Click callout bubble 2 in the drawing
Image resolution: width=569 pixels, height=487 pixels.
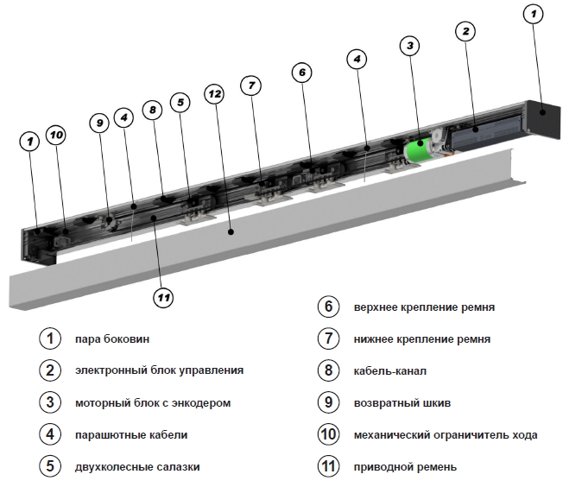[x=465, y=32]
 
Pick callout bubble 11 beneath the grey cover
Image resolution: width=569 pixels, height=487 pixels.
[x=163, y=298]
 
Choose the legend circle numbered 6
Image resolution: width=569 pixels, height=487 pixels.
[x=327, y=307]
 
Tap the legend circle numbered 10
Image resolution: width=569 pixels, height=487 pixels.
[x=327, y=434]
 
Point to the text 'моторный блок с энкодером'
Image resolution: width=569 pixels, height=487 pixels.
[x=153, y=402]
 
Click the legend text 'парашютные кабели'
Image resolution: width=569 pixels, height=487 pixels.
[x=130, y=434]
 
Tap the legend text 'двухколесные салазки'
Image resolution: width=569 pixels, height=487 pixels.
[x=137, y=466]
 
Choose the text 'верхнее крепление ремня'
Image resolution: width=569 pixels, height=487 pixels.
[x=424, y=307]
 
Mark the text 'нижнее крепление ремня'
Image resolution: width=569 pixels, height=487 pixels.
[x=421, y=338]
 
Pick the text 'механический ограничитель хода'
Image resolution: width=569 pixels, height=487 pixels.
[x=445, y=434]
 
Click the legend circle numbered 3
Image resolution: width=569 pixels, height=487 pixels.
[x=50, y=402]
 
